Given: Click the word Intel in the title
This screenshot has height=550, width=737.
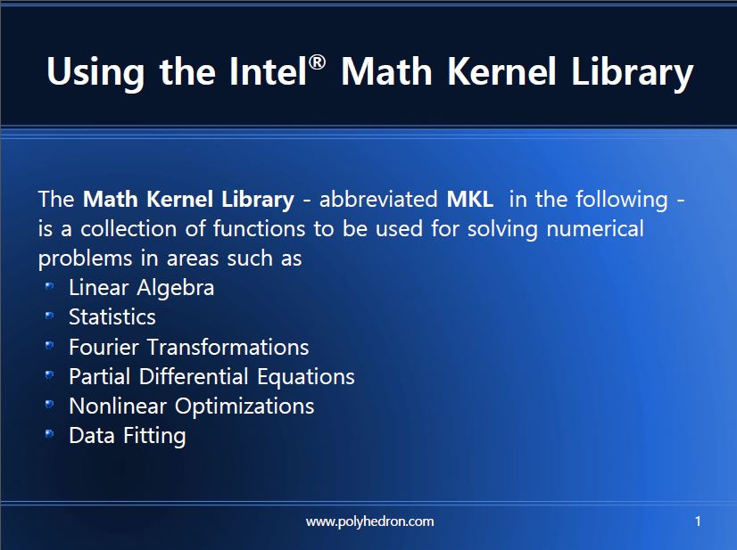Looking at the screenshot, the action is tap(269, 71).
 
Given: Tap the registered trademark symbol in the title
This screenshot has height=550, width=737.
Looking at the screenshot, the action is tap(318, 62).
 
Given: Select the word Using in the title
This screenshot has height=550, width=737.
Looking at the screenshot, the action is tap(95, 74).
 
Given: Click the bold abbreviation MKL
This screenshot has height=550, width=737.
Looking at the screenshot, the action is tap(469, 199).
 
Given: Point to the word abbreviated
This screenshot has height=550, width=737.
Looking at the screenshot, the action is tap(378, 199).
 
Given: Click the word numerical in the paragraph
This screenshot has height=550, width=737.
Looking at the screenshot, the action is tap(595, 229).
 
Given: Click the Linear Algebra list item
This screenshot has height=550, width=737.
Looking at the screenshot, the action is tap(142, 288).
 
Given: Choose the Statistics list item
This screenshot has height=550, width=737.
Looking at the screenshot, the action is tap(112, 317).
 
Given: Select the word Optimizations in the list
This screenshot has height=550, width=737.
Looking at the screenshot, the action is tap(244, 406).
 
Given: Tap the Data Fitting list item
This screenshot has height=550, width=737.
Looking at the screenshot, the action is tap(128, 436).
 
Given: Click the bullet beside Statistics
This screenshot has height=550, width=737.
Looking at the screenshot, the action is tap(49, 316).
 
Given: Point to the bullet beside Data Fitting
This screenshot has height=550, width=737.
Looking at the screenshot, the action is tap(49, 434).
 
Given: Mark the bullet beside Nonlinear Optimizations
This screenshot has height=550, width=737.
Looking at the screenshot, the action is tap(49, 405).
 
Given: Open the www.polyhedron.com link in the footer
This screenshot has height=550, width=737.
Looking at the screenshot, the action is tap(370, 521).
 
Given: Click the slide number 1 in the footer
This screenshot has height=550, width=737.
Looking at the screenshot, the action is tap(698, 521).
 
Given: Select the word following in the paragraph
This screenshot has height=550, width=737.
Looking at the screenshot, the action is tap(622, 200).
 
